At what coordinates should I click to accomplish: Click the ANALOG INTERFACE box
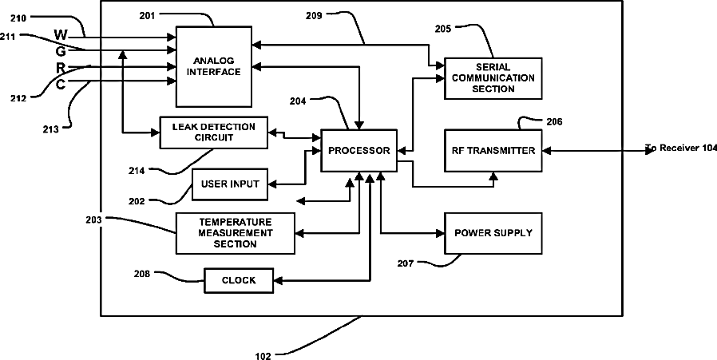pyautogui.click(x=213, y=66)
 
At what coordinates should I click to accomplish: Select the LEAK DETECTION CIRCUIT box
pyautogui.click(x=213, y=133)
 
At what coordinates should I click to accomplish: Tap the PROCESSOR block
pyautogui.click(x=359, y=151)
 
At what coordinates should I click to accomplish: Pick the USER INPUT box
pyautogui.click(x=229, y=184)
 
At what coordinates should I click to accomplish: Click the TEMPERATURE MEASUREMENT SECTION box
pyautogui.click(x=236, y=233)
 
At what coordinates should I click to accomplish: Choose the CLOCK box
pyautogui.click(x=239, y=280)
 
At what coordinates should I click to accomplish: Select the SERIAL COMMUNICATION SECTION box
pyautogui.click(x=493, y=78)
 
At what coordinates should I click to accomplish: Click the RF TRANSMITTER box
pyautogui.click(x=493, y=151)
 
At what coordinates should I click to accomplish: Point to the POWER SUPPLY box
pyautogui.click(x=493, y=233)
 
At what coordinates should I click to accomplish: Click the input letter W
pyautogui.click(x=61, y=35)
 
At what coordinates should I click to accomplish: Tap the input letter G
pyautogui.click(x=61, y=52)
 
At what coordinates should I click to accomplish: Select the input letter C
pyautogui.click(x=61, y=85)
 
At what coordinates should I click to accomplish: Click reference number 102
pyautogui.click(x=263, y=356)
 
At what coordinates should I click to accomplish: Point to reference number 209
pyautogui.click(x=314, y=15)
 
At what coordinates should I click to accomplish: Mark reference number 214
pyautogui.click(x=137, y=171)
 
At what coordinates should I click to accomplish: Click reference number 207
pyautogui.click(x=406, y=263)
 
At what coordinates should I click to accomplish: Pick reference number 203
pyautogui.click(x=93, y=220)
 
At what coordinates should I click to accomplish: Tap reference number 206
pyautogui.click(x=554, y=121)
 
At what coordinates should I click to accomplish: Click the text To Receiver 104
pyautogui.click(x=681, y=148)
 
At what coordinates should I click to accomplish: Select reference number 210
pyautogui.click(x=18, y=18)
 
